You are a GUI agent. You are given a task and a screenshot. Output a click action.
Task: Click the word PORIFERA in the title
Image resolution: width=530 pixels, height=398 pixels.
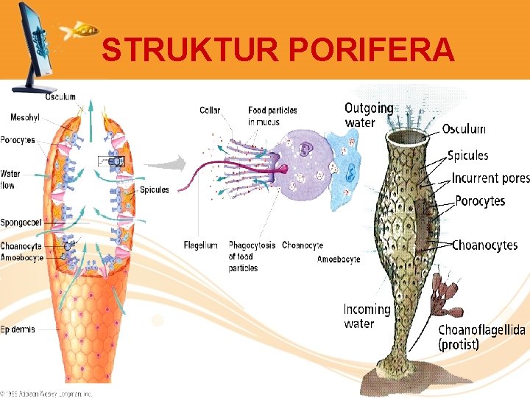click(372, 50)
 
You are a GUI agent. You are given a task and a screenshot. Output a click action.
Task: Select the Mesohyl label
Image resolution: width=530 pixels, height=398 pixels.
click(25, 117)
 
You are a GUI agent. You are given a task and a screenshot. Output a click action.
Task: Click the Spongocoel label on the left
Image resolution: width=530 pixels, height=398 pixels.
click(21, 222)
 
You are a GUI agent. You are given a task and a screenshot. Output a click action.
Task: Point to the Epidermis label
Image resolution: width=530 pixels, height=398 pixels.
click(18, 329)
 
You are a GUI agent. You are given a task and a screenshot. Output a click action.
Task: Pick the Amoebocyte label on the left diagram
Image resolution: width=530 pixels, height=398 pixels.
click(22, 258)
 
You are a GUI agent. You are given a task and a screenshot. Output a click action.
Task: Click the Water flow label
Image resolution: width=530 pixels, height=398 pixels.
click(10, 179)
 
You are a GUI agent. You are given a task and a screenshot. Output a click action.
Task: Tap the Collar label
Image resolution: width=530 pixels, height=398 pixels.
click(210, 111)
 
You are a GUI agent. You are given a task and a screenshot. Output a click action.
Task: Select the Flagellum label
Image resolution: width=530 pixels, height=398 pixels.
click(200, 245)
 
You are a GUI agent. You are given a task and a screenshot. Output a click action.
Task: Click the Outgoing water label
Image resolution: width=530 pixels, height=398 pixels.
click(368, 116)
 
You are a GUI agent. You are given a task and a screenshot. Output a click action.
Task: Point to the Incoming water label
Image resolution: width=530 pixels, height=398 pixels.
click(367, 316)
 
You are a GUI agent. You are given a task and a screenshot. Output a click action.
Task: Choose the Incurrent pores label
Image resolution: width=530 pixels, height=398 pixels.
click(490, 178)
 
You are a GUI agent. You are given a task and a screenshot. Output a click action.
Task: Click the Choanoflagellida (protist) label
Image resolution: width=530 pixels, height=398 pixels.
click(481, 337)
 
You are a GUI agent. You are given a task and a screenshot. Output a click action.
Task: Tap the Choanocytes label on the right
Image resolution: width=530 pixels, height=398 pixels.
click(484, 245)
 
